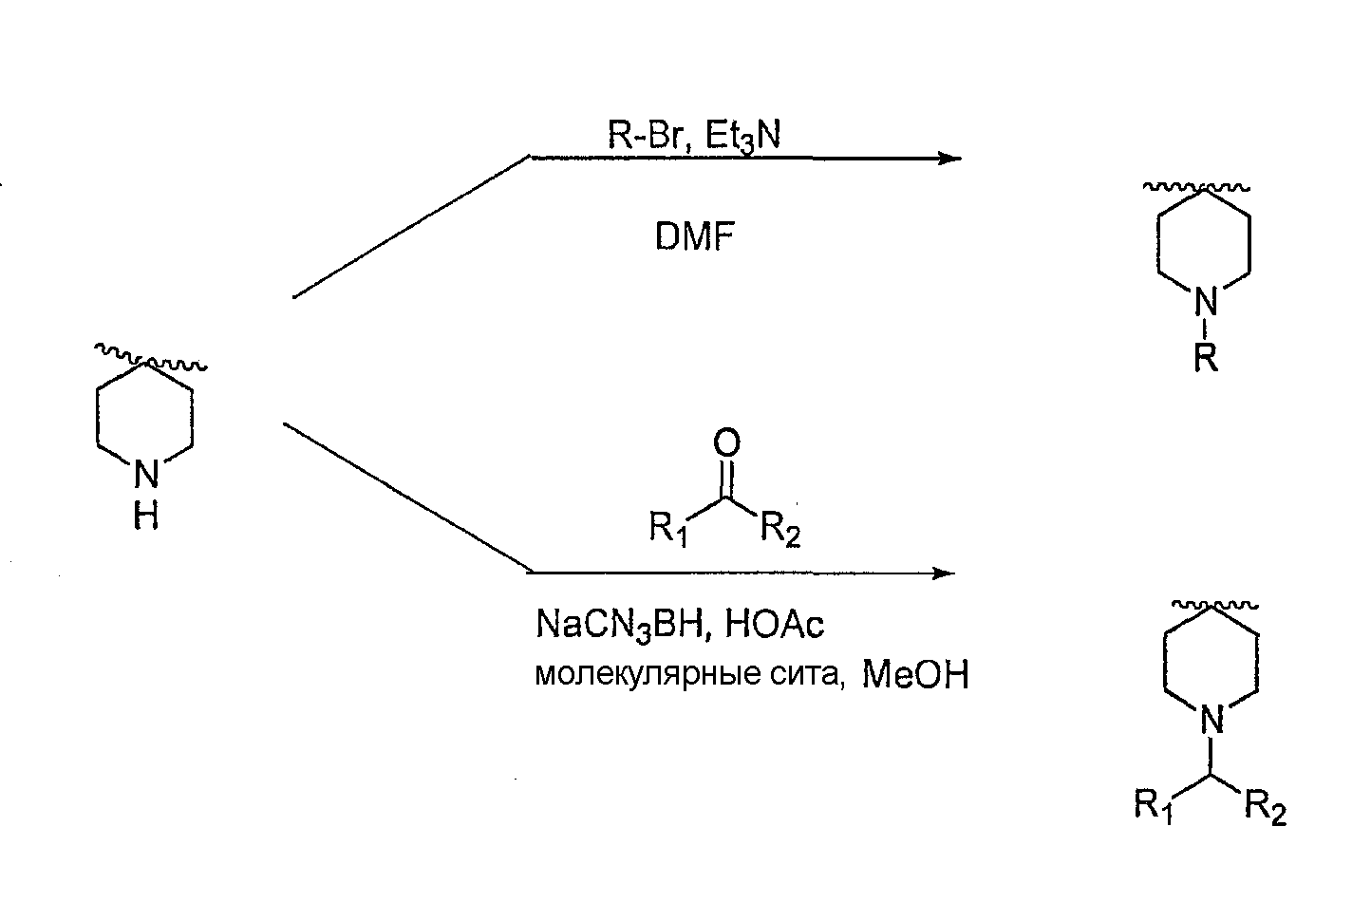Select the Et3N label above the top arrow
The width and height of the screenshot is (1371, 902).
743,136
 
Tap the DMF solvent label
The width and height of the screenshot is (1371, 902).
694,236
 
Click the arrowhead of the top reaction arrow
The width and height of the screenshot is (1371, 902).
950,159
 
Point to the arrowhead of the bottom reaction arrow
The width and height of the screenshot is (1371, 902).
944,573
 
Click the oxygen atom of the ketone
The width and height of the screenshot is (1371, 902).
726,442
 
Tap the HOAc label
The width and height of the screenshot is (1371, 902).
774,624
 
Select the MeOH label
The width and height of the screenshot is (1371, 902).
915,676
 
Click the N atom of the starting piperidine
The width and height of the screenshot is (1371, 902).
146,474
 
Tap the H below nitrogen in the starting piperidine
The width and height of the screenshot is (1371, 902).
146,516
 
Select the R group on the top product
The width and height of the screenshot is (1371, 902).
1206,357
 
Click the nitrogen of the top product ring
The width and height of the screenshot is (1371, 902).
1206,301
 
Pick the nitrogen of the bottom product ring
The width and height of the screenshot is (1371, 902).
1211,720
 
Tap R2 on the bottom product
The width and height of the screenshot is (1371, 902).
1266,808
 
